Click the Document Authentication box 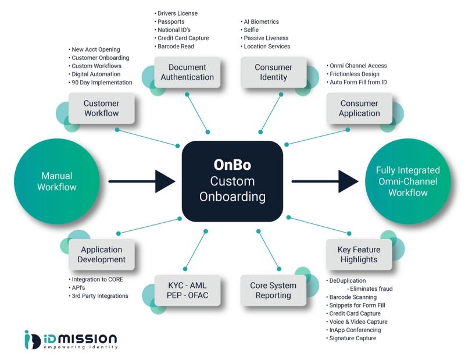(187, 72)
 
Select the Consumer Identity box (273, 72)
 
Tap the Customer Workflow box (101, 108)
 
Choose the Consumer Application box (359, 108)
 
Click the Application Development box (101, 254)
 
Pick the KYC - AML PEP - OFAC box (187, 290)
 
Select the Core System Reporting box (273, 290)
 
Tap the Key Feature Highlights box (359, 254)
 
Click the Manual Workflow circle (57, 181)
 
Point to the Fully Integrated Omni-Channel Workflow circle (408, 181)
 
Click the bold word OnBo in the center (232, 165)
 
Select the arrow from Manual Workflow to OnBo (142, 181)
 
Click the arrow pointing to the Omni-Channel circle (325, 181)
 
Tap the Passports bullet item (169, 22)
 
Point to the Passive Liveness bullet (264, 38)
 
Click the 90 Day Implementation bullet (101, 83)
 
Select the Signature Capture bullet (351, 338)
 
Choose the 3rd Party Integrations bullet (98, 296)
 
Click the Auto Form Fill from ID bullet (357, 82)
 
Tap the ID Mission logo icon (33, 340)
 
